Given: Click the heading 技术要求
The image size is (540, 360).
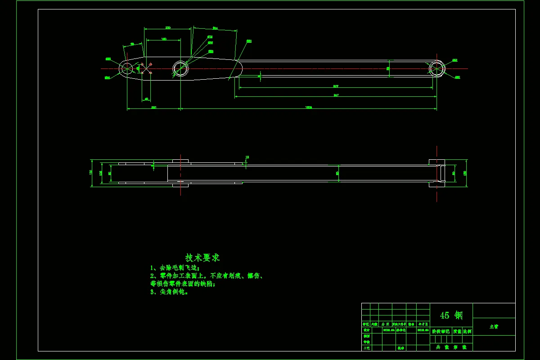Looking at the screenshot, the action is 202,257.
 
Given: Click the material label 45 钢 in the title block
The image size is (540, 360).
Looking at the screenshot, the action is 451,315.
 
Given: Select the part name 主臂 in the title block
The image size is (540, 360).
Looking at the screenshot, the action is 494,327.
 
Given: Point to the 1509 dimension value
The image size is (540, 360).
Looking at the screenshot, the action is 309,107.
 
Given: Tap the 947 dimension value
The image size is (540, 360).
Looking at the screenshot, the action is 336,95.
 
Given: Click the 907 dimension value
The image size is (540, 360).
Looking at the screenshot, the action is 336,86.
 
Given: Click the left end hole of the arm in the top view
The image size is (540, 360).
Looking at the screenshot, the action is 126,68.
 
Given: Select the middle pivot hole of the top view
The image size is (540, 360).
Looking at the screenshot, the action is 180,68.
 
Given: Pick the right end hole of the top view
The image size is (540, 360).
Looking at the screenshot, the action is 436,68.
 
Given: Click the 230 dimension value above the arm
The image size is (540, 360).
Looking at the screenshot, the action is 168,27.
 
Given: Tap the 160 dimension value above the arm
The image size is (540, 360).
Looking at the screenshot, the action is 164,39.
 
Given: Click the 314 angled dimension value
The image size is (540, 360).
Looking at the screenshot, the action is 215,28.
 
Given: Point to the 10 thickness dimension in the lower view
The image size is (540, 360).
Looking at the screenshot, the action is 247,157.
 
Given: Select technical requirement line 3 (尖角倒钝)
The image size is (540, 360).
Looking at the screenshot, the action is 169,292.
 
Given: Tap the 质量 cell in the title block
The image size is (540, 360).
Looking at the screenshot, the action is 457,331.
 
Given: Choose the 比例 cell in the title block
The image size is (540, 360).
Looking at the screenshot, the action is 467,331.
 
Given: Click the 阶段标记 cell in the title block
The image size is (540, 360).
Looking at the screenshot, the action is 441,331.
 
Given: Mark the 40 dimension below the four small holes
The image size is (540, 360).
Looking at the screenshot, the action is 146,99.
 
